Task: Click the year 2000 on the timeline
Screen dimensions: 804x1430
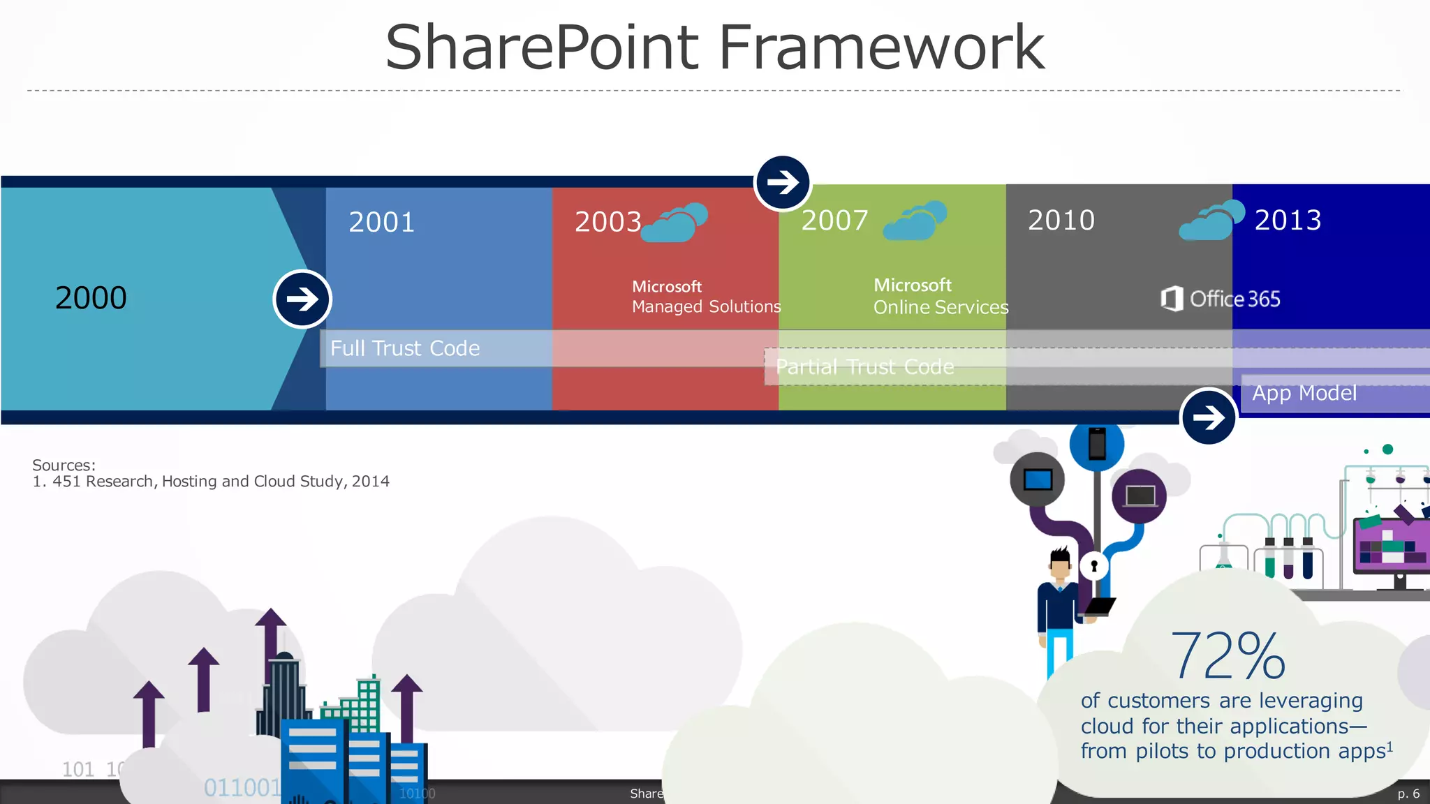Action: pos(91,298)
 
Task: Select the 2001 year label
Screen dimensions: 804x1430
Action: pos(382,222)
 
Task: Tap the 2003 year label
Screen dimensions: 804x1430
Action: pos(607,222)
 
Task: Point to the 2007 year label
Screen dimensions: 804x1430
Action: pos(834,221)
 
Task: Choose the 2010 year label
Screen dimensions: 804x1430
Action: pos(1061,220)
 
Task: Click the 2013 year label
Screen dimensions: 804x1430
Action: pos(1288,220)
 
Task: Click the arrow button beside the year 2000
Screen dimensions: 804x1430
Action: pos(302,299)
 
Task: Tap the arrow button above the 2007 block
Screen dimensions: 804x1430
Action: pos(783,182)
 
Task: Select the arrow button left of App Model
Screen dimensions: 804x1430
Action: pos(1208,417)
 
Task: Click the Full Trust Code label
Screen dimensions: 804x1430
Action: pos(405,348)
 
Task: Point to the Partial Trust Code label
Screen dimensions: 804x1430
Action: pos(864,367)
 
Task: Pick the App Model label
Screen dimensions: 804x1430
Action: pos(1304,393)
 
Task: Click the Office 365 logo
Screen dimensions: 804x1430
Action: pos(1221,299)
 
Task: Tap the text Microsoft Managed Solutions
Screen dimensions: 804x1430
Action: pos(705,297)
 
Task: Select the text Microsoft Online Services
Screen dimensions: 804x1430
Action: pos(940,297)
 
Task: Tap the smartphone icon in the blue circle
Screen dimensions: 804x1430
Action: pos(1097,444)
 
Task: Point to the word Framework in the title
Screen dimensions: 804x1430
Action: pos(881,47)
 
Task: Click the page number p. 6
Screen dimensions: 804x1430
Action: pos(1408,794)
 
